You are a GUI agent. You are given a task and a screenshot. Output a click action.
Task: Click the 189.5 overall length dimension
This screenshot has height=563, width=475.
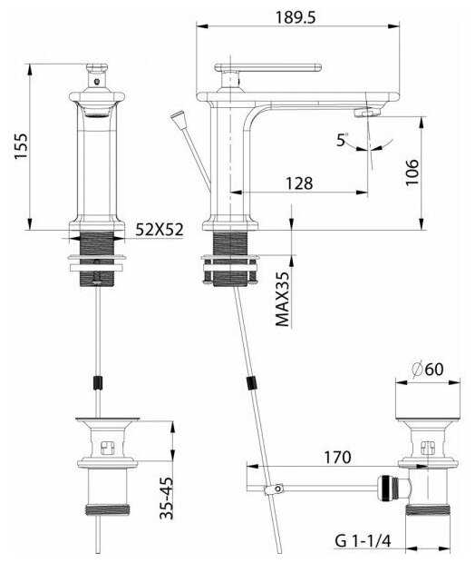(296, 17)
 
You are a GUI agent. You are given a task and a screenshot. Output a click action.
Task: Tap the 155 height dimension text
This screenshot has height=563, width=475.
(21, 146)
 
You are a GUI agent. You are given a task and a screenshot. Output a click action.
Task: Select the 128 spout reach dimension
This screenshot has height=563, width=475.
(299, 183)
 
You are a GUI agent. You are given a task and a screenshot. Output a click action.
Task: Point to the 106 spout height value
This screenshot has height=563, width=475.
(412, 173)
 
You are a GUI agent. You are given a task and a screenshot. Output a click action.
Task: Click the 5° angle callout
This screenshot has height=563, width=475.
(342, 139)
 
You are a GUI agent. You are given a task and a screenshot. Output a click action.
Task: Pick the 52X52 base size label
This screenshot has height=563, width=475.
(160, 230)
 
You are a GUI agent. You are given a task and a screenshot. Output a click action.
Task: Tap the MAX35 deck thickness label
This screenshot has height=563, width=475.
(283, 299)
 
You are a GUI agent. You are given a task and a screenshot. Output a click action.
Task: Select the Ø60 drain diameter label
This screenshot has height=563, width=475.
(428, 370)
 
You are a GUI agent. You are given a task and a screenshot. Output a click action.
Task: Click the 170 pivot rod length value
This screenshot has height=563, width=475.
(337, 457)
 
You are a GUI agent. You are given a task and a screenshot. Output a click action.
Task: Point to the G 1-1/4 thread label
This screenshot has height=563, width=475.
(363, 540)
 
